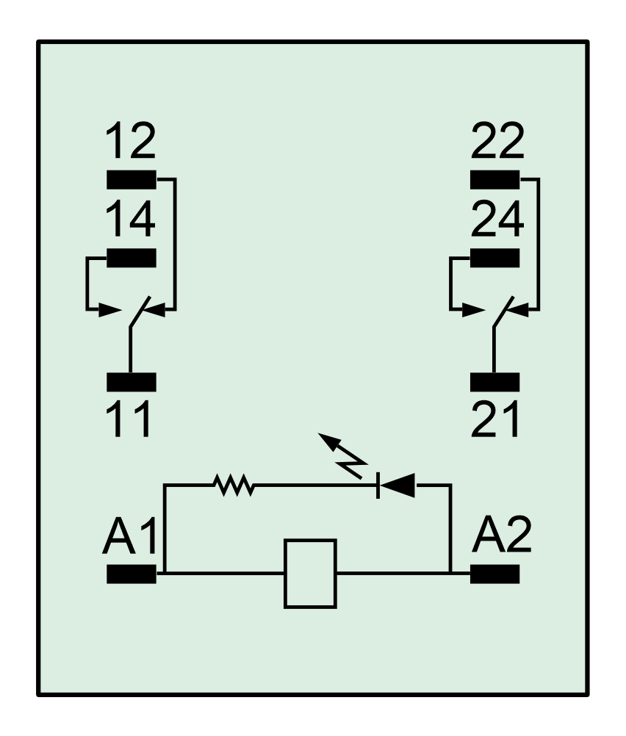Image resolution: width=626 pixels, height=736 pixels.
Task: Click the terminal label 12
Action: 131,140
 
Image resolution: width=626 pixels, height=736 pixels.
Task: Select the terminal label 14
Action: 131,219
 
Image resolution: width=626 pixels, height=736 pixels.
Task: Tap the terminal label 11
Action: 128,419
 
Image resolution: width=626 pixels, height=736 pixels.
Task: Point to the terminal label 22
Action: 497,140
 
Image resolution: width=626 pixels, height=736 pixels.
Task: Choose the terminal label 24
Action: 497,219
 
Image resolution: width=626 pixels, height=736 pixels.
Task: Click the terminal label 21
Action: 495,419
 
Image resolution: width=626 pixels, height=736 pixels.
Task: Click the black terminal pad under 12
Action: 132,179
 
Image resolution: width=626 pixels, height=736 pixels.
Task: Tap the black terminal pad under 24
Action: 495,258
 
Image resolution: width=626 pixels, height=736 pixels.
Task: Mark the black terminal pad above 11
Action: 132,382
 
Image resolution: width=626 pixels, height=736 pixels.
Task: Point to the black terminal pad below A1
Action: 132,574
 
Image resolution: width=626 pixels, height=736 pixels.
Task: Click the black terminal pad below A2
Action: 495,574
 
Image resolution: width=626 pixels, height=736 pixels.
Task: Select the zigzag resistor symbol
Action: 234,485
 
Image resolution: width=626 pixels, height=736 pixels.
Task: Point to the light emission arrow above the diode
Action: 342,455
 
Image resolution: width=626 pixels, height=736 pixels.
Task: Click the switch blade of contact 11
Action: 140,311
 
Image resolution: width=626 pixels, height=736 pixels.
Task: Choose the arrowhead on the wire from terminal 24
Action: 473,310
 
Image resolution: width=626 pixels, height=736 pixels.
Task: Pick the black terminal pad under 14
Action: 132,258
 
